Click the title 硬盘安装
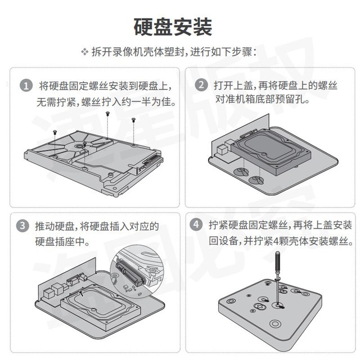tap(173, 27)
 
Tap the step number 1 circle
tap(26, 85)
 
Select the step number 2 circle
tap(201, 85)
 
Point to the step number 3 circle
tap(22, 226)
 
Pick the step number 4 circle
tap(196, 224)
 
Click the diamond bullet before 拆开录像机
tap(85, 52)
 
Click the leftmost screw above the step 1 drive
tap(55, 132)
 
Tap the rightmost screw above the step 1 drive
tap(133, 119)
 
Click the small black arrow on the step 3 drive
tap(81, 293)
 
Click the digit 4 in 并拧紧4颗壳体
tap(276, 241)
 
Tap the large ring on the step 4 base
tap(275, 324)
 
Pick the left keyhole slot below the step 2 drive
tap(241, 171)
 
